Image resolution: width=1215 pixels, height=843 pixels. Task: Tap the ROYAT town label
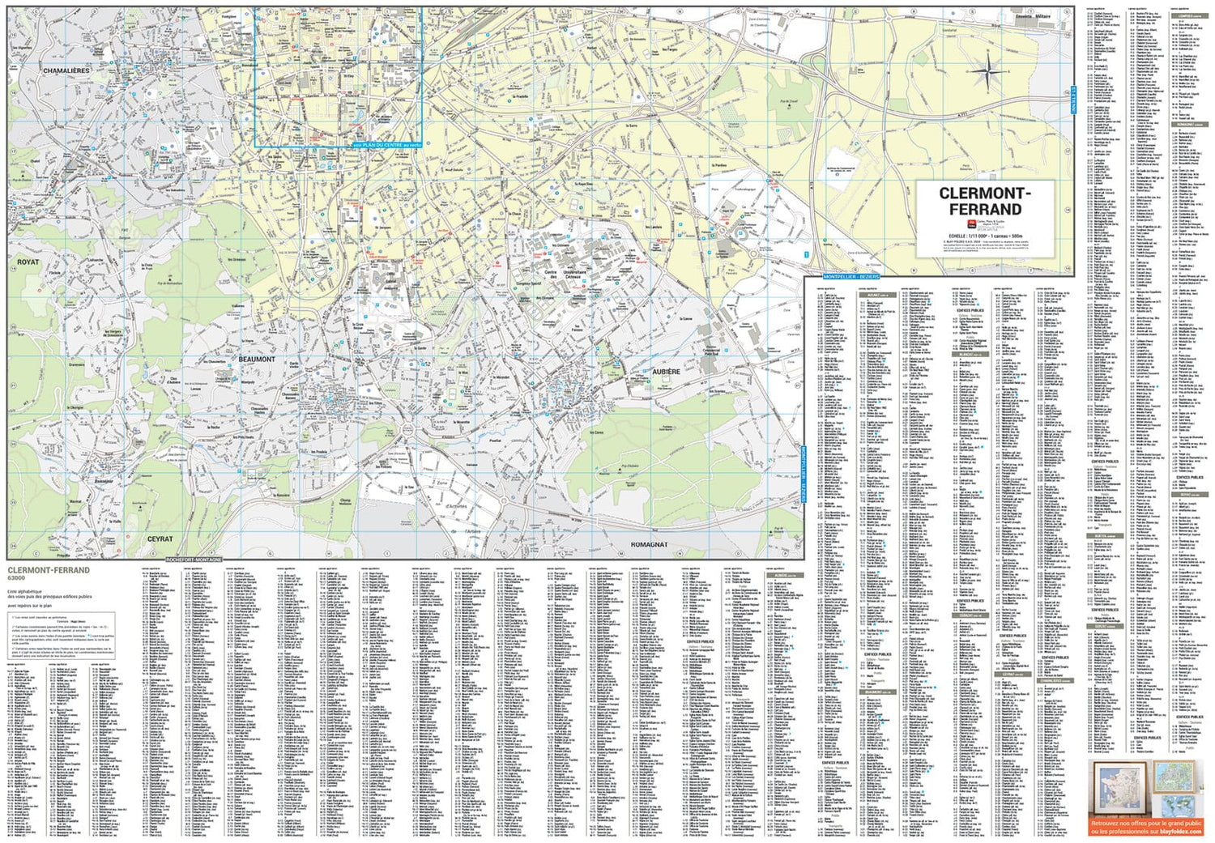click(28, 262)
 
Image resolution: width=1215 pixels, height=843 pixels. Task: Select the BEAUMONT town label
click(257, 359)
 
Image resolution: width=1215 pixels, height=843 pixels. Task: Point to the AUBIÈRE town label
click(667, 372)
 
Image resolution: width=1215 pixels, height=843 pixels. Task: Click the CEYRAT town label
click(160, 539)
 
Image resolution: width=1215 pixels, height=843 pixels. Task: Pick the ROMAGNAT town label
click(649, 544)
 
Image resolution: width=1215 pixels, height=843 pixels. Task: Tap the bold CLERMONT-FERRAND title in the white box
click(985, 201)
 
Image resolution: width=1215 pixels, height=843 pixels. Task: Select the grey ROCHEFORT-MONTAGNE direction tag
click(194, 560)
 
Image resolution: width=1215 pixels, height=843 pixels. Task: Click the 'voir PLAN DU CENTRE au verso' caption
click(387, 145)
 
